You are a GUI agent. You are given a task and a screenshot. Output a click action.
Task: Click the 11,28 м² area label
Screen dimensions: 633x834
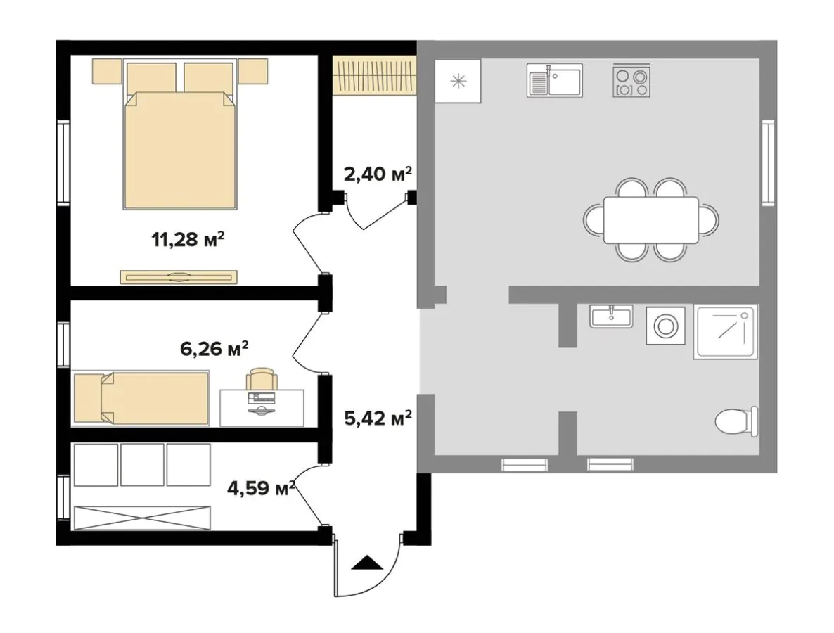[x=187, y=240]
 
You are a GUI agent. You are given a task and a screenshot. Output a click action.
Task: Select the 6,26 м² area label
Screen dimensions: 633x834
[x=214, y=348]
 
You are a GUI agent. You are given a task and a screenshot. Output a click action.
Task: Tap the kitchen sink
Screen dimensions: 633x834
[x=554, y=79]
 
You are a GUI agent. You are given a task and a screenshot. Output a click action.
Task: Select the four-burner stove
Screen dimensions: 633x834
[x=631, y=80]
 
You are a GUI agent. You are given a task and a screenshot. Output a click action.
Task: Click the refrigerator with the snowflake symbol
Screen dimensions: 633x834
[x=457, y=82]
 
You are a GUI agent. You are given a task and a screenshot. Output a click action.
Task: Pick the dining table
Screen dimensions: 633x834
[x=650, y=220]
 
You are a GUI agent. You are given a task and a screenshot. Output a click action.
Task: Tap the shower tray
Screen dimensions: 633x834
[x=725, y=332]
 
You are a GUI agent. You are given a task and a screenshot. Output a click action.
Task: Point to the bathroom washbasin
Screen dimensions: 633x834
[x=611, y=316]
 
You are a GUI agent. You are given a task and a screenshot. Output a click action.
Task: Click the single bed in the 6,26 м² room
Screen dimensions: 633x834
[x=142, y=399]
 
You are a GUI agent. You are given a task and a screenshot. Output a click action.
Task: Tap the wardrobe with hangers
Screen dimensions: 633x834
[x=374, y=77]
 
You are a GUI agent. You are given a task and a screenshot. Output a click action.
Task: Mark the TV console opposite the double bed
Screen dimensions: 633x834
[x=180, y=277]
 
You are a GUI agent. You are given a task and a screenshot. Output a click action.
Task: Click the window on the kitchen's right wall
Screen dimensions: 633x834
[x=768, y=162]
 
